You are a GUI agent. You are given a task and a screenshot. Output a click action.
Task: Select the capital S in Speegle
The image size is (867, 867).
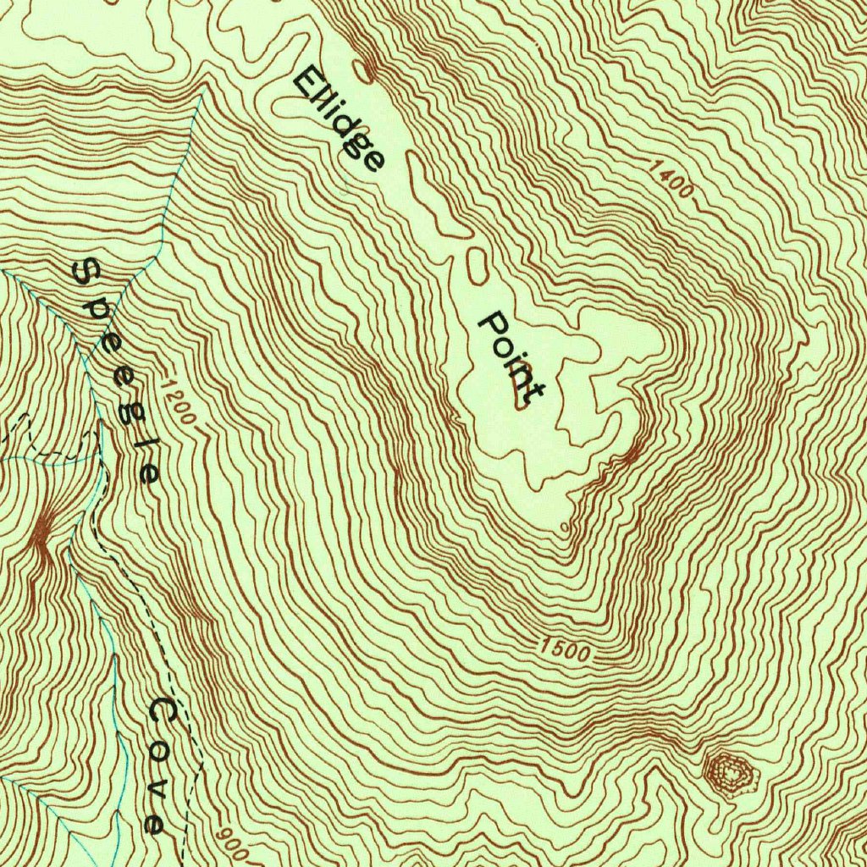[x=85, y=273]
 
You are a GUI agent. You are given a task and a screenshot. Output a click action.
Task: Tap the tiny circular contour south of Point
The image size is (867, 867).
[x=566, y=527]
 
